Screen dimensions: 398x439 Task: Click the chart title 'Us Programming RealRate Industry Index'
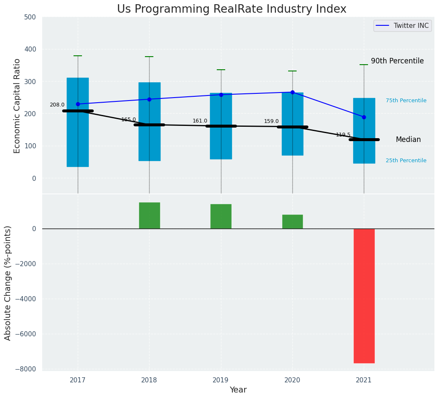232,9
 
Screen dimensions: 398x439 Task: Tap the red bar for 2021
364,296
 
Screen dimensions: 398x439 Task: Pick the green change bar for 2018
149,215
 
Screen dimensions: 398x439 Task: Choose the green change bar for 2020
292,221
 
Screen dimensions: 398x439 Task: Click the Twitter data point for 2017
78,104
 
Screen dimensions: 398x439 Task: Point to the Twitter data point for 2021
364,117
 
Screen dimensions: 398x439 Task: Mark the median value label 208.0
57,105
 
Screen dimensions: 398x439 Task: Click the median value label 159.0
271,122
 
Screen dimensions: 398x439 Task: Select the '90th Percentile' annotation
397,61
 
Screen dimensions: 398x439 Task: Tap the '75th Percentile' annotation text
406,101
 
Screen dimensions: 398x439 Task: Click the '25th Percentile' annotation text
406,161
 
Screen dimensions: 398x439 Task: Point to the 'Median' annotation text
408,140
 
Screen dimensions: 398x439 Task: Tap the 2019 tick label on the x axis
221,380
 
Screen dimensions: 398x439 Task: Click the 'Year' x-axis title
238,390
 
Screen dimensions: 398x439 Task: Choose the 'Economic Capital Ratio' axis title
17,106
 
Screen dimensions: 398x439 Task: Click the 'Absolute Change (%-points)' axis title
8,283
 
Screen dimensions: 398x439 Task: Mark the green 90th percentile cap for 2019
221,70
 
